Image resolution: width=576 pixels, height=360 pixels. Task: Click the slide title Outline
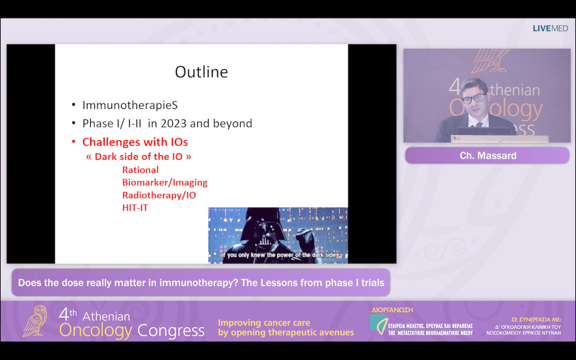click(202, 72)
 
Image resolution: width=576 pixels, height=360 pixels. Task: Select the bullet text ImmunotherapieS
click(130, 105)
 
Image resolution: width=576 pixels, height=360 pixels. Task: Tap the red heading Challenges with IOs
click(134, 142)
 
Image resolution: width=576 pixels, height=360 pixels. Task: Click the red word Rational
click(140, 170)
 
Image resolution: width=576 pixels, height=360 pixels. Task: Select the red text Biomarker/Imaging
click(164, 182)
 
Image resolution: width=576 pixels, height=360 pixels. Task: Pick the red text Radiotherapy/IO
click(159, 195)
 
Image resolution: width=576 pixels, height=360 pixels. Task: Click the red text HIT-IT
click(135, 208)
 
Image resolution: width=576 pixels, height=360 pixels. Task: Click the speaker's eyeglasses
click(474, 99)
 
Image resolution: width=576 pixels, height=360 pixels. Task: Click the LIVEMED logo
click(550, 28)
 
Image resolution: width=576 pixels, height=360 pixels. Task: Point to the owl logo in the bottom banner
click(35, 321)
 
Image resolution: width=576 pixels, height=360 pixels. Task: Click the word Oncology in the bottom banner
click(95, 331)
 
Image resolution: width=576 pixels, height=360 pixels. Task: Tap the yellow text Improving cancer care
click(264, 323)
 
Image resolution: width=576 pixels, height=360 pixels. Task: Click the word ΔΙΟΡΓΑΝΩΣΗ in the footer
click(392, 310)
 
